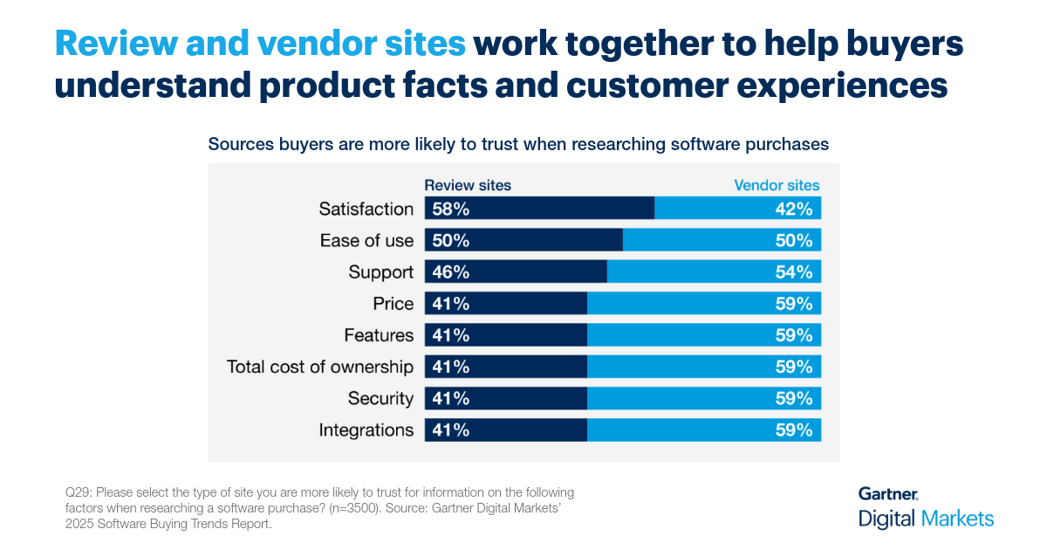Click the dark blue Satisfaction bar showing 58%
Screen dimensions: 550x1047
pyautogui.click(x=539, y=210)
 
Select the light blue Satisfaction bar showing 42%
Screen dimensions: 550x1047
pyautogui.click(x=737, y=210)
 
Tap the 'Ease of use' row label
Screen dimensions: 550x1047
pyautogui.click(x=366, y=241)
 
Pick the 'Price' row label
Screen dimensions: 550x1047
pyautogui.click(x=393, y=304)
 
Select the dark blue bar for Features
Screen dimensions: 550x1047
pyautogui.click(x=506, y=335)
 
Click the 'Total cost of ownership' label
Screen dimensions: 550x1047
pyautogui.click(x=320, y=367)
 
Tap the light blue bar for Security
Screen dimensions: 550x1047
pyautogui.click(x=703, y=398)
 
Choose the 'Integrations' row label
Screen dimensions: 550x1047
pyautogui.click(x=366, y=430)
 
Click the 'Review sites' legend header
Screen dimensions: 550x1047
pyautogui.click(x=468, y=185)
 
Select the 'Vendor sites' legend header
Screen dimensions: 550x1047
pyautogui.click(x=777, y=185)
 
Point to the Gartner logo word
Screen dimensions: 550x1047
pyautogui.click(x=888, y=494)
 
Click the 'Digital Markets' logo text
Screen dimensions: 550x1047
pyautogui.click(x=926, y=519)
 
